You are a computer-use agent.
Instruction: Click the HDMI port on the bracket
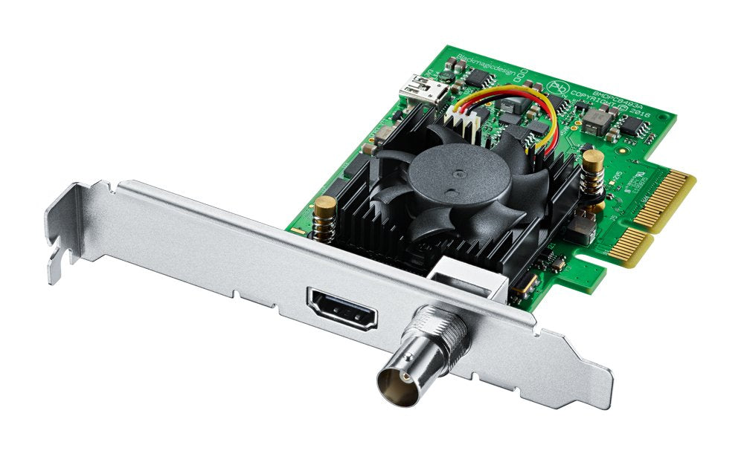coord(341,310)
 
